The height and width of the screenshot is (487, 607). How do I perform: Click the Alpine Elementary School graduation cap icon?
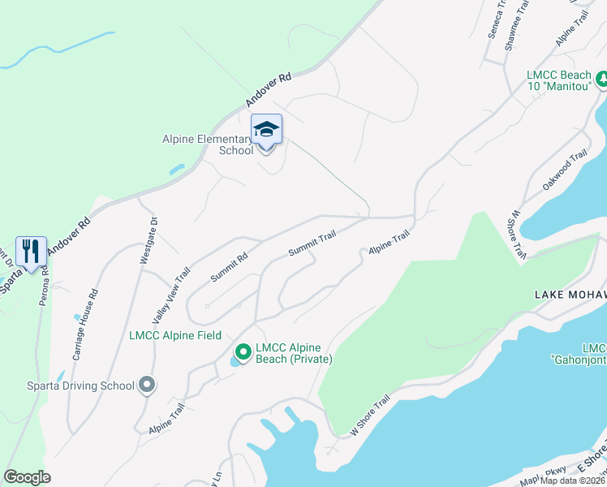click(266, 130)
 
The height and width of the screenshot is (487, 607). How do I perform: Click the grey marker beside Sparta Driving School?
click(146, 385)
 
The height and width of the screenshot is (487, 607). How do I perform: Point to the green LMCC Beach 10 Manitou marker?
click(602, 80)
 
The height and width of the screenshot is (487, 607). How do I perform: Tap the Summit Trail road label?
click(312, 243)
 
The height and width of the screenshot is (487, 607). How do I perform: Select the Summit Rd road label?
click(229, 267)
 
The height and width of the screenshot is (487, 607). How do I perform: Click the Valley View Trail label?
click(171, 296)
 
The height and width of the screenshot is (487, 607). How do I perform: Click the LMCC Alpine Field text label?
click(175, 335)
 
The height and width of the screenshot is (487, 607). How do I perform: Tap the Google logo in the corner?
click(28, 477)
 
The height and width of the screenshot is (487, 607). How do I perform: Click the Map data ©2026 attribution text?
click(573, 481)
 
